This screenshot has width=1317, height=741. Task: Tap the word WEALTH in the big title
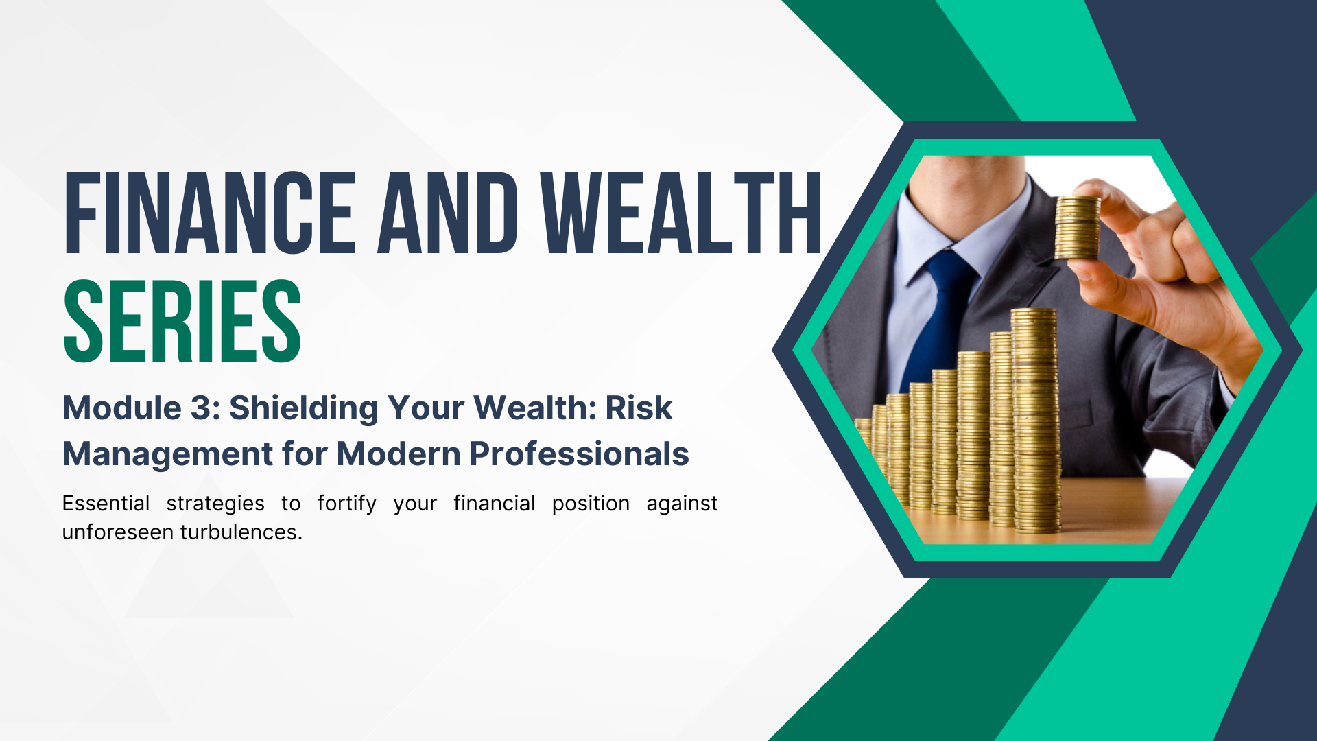pyautogui.click(x=682, y=212)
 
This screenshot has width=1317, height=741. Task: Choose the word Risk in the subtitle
pyautogui.click(x=639, y=408)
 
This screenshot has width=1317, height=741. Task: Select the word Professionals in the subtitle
pyautogui.click(x=580, y=454)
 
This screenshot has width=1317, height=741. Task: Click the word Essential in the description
pyautogui.click(x=106, y=503)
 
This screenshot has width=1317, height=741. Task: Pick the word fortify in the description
pyautogui.click(x=347, y=504)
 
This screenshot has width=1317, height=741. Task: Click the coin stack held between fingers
pyautogui.click(x=1077, y=228)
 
